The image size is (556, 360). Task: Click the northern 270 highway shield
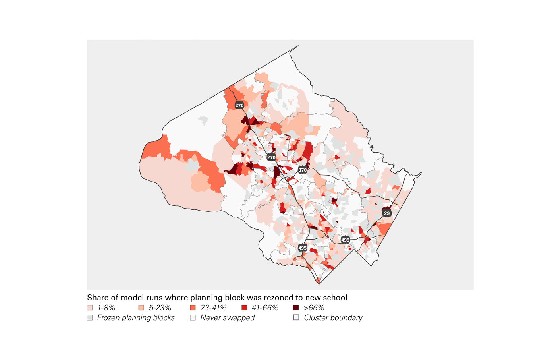coord(239,105)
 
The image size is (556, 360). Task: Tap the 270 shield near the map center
coord(271,157)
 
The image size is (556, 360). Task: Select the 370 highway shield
coord(303,170)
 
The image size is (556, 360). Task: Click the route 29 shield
coord(387,213)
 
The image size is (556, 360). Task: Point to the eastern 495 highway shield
coord(345,240)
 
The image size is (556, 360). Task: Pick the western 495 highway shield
coord(303,248)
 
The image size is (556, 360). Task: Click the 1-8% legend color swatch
coord(90,308)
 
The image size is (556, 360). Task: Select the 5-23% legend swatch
coord(141,308)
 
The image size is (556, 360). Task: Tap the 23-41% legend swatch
coord(193,308)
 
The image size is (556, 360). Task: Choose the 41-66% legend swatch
coord(244,308)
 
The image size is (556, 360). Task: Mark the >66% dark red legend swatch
coord(296,308)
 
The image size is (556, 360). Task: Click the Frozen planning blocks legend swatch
coord(90,318)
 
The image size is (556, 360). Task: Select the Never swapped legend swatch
coord(193,318)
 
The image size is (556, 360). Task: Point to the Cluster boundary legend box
coord(296,318)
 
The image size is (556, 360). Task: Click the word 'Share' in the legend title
coord(97,298)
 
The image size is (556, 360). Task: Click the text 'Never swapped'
coord(227,318)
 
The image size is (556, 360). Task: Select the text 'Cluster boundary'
coord(333,318)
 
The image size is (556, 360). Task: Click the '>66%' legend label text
coord(314,308)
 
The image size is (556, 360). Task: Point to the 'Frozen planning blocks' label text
coord(136,318)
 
